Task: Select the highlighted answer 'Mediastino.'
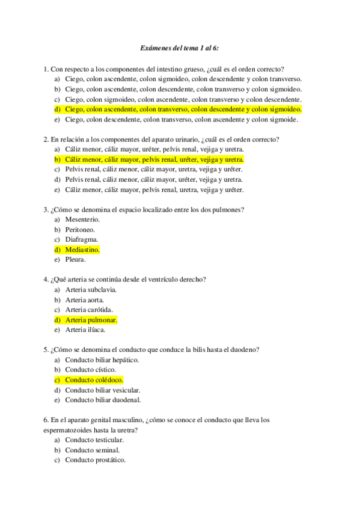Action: [x=82, y=250]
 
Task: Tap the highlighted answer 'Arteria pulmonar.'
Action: [x=91, y=320]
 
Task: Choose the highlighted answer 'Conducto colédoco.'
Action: [x=94, y=380]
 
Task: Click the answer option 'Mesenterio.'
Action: [x=82, y=220]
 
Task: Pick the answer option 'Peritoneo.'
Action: [x=80, y=230]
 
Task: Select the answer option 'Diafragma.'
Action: [x=81, y=239]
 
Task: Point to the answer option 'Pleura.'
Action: [x=76, y=260]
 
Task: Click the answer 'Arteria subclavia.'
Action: [x=91, y=289]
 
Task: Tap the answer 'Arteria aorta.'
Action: [x=85, y=300]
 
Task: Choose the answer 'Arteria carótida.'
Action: [x=90, y=310]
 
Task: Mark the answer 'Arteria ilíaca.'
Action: [x=85, y=330]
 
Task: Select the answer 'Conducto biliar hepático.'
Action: [x=102, y=360]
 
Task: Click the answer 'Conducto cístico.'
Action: [x=91, y=370]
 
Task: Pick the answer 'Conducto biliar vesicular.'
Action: [x=103, y=390]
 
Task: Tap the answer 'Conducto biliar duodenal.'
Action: [x=103, y=400]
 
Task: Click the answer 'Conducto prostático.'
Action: [x=96, y=460]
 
